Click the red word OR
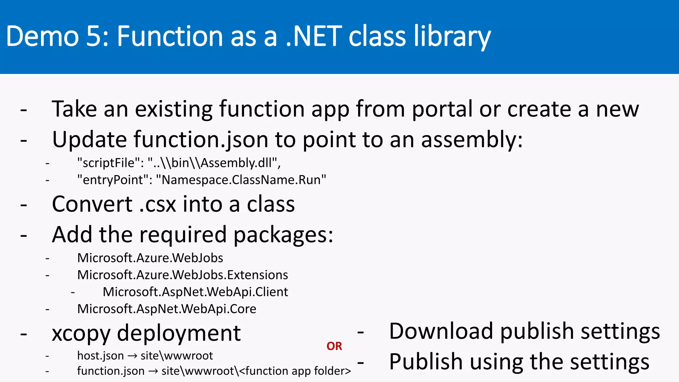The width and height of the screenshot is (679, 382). pos(334,346)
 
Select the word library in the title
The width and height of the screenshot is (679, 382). pos(452,36)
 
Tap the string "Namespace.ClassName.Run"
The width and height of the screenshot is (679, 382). pos(241,180)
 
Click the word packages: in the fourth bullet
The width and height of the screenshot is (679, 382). pos(283,235)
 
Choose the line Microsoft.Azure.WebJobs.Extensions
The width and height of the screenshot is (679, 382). pos(182,275)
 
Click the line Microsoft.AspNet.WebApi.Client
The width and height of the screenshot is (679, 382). pos(195,292)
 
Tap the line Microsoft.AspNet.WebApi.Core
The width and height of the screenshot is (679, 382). pos(166,309)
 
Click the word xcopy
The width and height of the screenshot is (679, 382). pos(81,334)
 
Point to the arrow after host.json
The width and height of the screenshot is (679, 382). pos(132,356)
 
